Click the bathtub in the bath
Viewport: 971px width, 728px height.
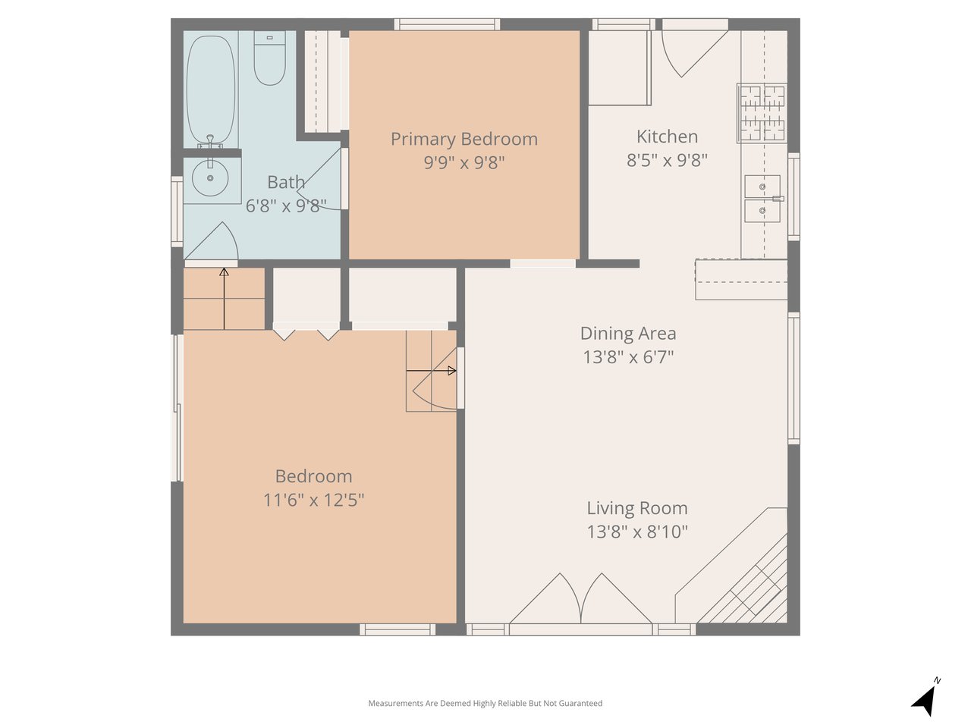point(211,89)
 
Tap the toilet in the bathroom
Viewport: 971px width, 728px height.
point(269,58)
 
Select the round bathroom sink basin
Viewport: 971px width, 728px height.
point(210,178)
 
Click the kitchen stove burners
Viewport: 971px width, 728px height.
point(762,113)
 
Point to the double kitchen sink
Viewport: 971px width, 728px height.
point(762,199)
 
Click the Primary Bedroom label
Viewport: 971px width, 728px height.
point(464,140)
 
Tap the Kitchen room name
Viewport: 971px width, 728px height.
point(667,136)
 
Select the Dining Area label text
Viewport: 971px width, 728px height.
point(628,333)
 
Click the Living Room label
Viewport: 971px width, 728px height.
point(637,508)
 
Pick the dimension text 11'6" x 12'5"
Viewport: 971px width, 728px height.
point(313,500)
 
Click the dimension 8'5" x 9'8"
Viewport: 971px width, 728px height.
point(667,160)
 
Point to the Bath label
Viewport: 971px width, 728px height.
point(286,182)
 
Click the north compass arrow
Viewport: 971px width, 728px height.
point(927,700)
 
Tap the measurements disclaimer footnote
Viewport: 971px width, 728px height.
point(485,703)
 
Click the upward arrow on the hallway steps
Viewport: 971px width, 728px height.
point(225,299)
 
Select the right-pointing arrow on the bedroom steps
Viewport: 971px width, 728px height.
point(432,370)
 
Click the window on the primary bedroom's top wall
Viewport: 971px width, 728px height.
point(448,24)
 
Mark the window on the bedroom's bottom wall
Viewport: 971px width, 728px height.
point(398,629)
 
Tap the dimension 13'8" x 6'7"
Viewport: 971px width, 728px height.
point(628,356)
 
